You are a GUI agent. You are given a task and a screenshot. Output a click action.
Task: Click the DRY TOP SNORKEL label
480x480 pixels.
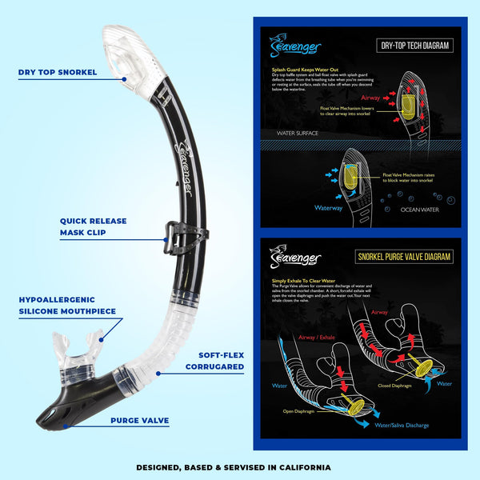click(58, 72)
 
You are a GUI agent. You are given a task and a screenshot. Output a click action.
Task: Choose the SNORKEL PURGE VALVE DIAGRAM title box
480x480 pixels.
click(403, 257)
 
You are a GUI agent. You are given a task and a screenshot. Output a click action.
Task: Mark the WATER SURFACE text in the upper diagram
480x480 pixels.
click(298, 134)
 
